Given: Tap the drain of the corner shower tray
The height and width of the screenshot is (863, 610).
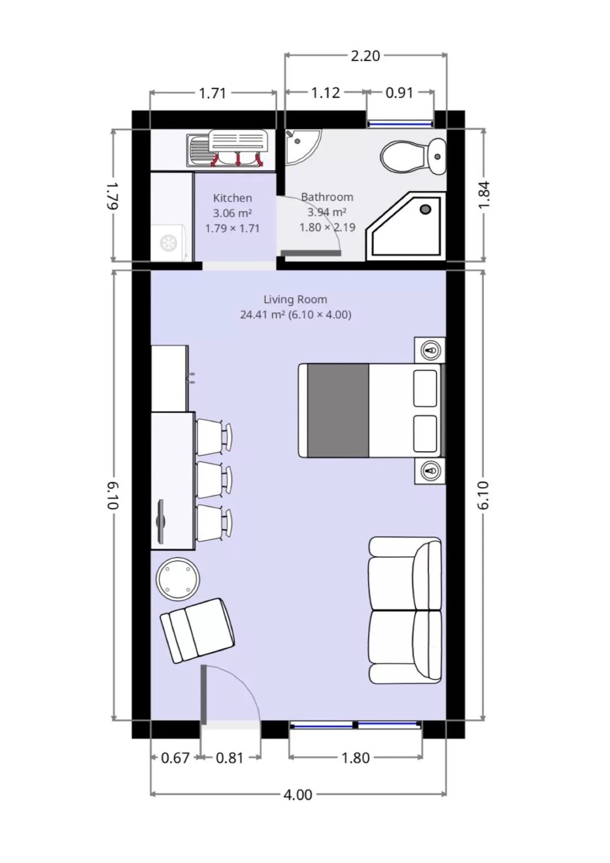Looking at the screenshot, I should point(425,209).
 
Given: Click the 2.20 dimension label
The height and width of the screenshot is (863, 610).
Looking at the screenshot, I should point(365,56).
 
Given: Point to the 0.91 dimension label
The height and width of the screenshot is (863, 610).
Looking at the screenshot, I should point(399,93).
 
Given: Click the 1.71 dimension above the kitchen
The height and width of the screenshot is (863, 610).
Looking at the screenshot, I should point(212,93).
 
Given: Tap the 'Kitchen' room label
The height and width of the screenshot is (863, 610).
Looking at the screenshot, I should point(232,198).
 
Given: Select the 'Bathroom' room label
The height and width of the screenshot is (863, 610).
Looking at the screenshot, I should point(327,197).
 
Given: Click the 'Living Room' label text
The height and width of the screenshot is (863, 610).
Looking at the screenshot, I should point(295,299).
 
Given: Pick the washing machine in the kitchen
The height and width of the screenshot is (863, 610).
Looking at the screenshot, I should point(169,242).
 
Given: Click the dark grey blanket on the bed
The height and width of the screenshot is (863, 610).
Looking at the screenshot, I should point(338,410).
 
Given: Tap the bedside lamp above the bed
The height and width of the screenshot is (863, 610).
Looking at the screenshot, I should point(431,351).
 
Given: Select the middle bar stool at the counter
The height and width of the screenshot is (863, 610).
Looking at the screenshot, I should point(213,480).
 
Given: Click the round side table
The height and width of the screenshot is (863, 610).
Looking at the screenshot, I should point(178,578).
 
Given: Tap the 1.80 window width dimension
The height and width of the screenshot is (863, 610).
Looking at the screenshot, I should point(355,758).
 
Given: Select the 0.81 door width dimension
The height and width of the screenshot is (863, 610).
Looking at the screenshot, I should point(229,758).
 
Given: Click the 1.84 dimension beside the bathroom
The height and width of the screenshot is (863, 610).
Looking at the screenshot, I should point(484,195).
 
